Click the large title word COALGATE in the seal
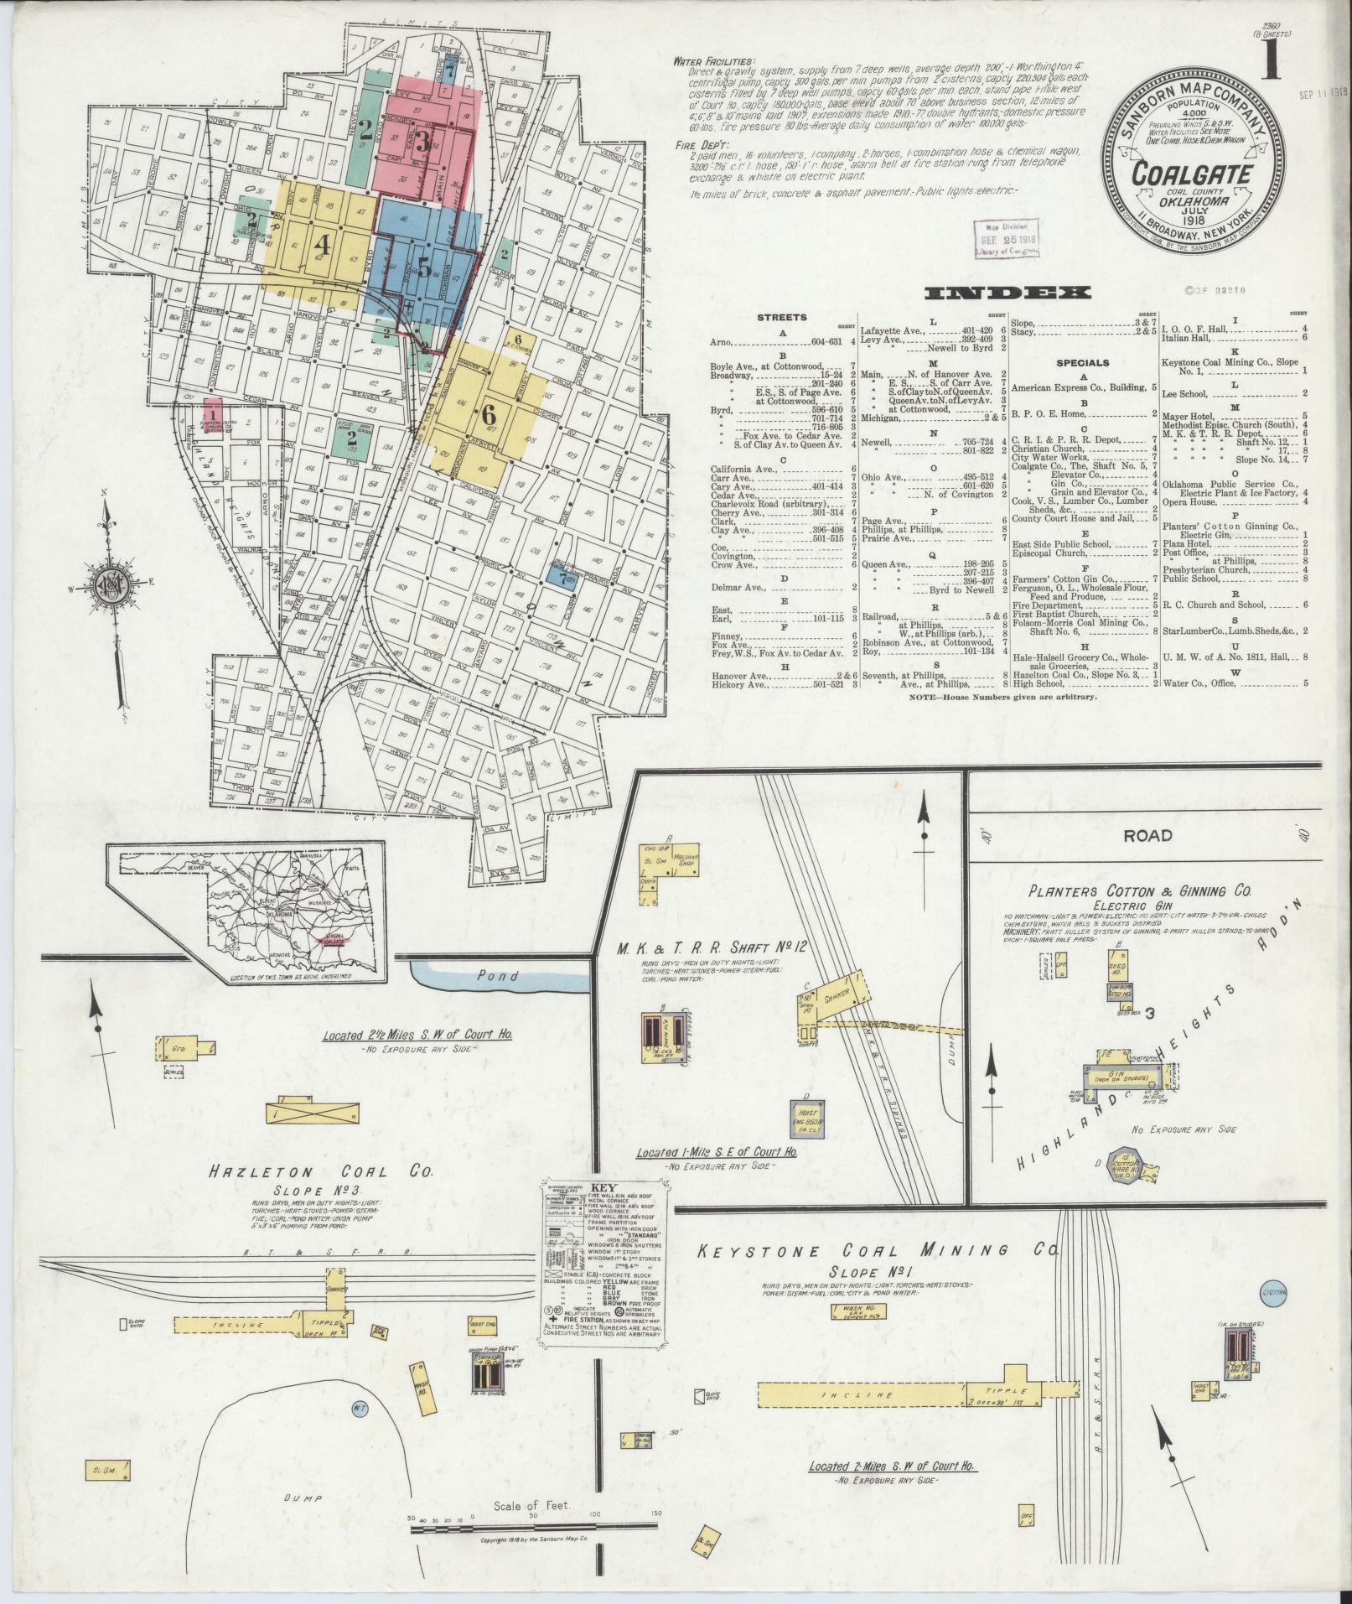click(1193, 175)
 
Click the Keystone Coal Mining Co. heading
click(877, 1274)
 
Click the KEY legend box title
click(603, 1189)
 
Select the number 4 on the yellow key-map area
click(322, 246)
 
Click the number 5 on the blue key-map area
click(425, 267)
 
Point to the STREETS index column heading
click(781, 318)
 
